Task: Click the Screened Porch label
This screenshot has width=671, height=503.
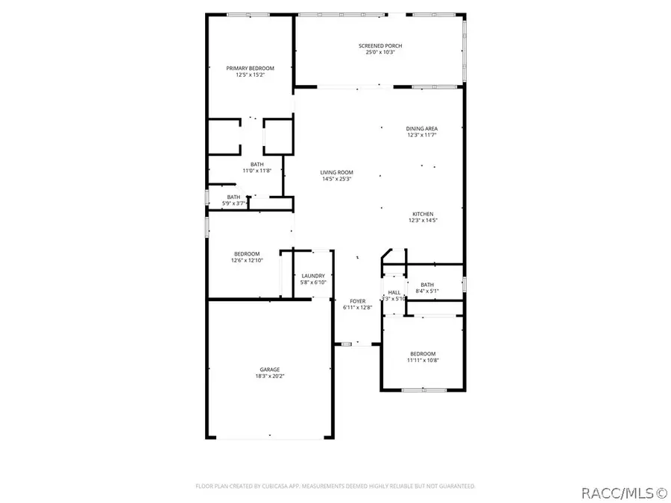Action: (385, 45)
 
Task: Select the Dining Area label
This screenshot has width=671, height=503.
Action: (421, 128)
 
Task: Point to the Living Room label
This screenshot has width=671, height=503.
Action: (337, 172)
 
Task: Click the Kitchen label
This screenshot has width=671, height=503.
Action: (421, 214)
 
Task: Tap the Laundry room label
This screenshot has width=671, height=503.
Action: (313, 276)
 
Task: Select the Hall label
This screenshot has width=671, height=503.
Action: (394, 292)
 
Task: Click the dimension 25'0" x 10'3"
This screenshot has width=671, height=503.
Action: (385, 53)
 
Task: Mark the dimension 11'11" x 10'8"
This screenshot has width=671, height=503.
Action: (423, 361)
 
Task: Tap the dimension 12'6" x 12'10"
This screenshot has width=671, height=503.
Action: (246, 261)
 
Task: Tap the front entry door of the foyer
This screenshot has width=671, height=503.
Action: (357, 344)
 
